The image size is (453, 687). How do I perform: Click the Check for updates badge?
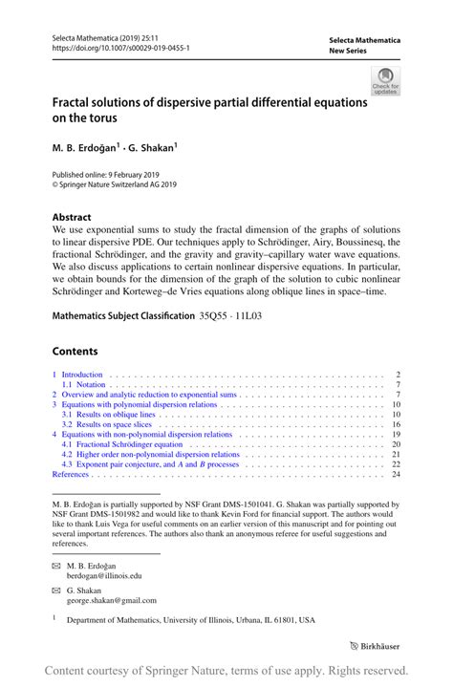point(386,80)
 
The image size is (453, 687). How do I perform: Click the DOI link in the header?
point(120,48)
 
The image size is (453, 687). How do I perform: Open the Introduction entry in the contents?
point(81,375)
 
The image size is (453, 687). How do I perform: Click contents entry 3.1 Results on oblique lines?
point(110,415)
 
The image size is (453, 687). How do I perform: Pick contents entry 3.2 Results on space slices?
point(108,424)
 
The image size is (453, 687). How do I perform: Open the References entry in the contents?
point(71,474)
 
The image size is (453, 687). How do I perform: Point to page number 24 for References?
point(396,474)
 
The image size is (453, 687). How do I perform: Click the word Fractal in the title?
point(76,101)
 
